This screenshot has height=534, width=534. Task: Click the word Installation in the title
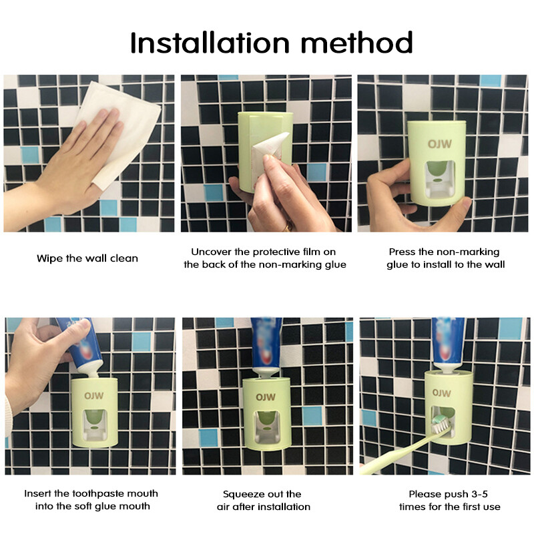pos(210,43)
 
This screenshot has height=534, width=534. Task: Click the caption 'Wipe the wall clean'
pos(87,258)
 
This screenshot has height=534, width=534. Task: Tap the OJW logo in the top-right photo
pos(440,144)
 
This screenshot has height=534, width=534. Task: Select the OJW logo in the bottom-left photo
pos(93,396)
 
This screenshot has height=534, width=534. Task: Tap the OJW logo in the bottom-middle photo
pos(266,397)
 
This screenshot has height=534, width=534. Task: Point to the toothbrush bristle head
pos(441,427)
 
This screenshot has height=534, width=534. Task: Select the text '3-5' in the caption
pos(479,494)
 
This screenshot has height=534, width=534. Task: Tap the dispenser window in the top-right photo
pos(440,180)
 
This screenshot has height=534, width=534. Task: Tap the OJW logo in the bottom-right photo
pos(442,393)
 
